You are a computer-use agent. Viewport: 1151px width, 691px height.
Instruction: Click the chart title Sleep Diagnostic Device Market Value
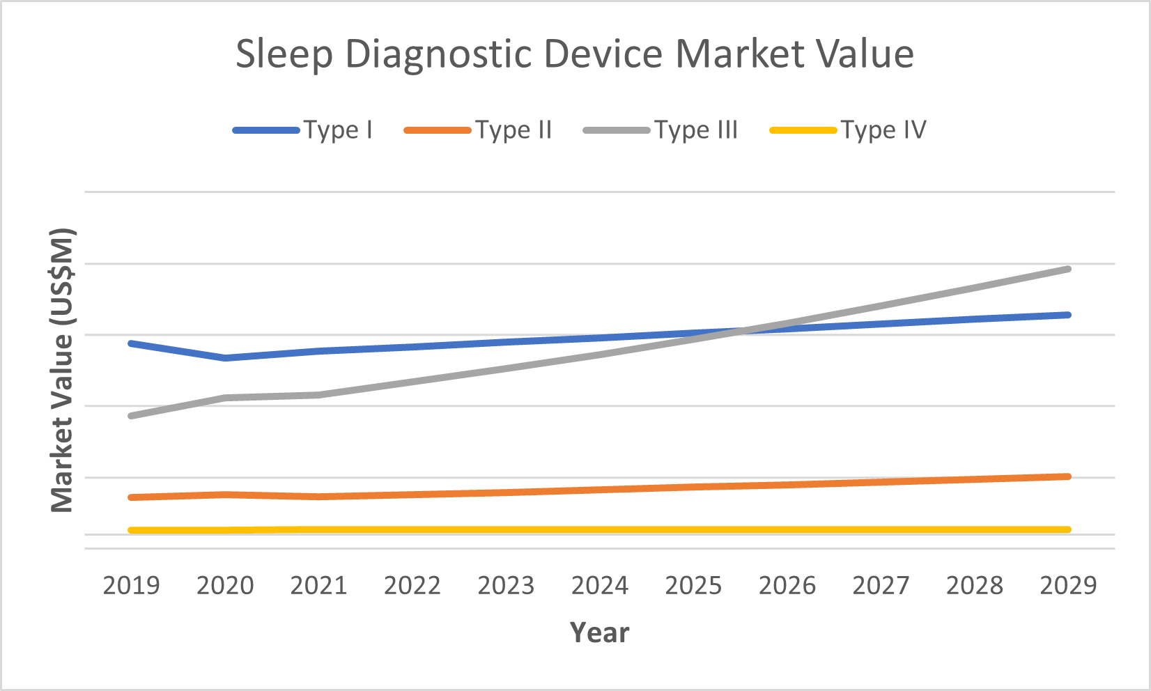[575, 54]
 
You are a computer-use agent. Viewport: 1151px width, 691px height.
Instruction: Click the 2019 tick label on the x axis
[131, 585]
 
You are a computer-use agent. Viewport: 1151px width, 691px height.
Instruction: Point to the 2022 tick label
[412, 585]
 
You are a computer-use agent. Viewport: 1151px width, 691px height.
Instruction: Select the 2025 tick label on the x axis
[693, 585]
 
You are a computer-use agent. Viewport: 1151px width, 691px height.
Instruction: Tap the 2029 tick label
[1068, 585]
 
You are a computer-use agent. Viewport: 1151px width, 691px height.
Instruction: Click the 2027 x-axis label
[881, 585]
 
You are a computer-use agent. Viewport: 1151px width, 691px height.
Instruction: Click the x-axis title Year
[599, 632]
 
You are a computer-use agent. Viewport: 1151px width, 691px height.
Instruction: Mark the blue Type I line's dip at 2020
[225, 358]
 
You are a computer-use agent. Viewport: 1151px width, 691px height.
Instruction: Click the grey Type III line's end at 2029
[1067, 269]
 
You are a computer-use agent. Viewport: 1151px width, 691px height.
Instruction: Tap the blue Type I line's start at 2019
[131, 343]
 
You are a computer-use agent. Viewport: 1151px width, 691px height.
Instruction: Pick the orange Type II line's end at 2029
[1067, 476]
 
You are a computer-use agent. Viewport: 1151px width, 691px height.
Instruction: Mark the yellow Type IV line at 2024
[600, 530]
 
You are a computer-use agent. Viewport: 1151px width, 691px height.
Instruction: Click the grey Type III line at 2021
[318, 395]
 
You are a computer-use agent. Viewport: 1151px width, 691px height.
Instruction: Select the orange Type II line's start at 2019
[131, 497]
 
